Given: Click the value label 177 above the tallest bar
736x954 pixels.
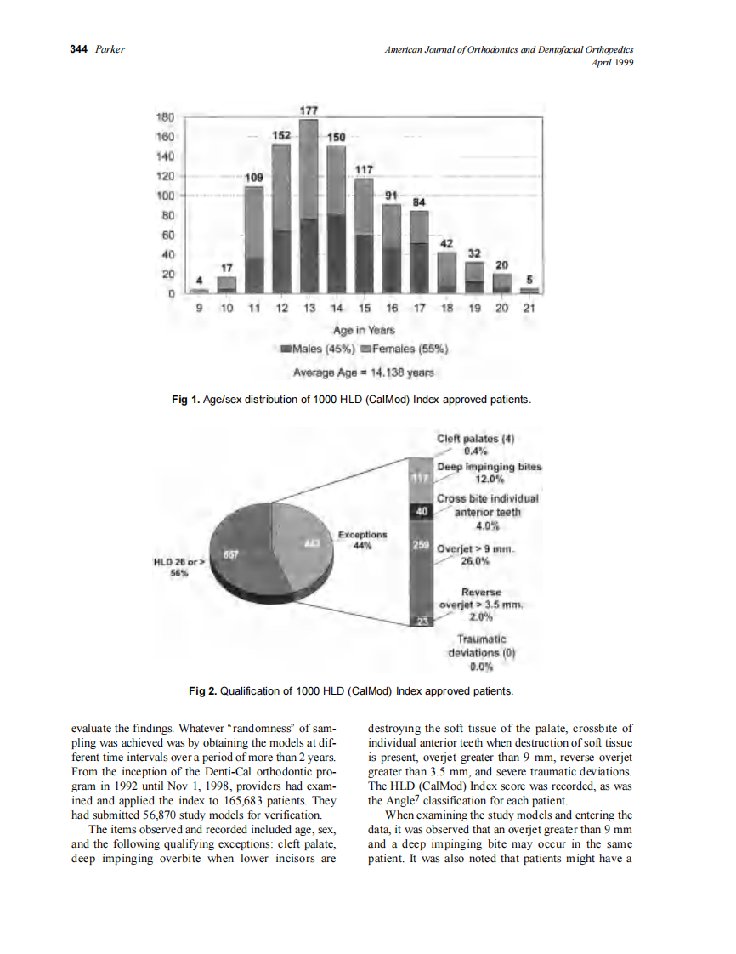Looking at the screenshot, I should tap(309, 111).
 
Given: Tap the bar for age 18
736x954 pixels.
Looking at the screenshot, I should tap(447, 270).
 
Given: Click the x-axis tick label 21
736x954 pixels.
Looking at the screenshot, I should tap(529, 309).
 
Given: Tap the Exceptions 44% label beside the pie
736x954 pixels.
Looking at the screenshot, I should tap(363, 539).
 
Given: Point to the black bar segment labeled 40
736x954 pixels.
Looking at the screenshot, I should tap(422, 511).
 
